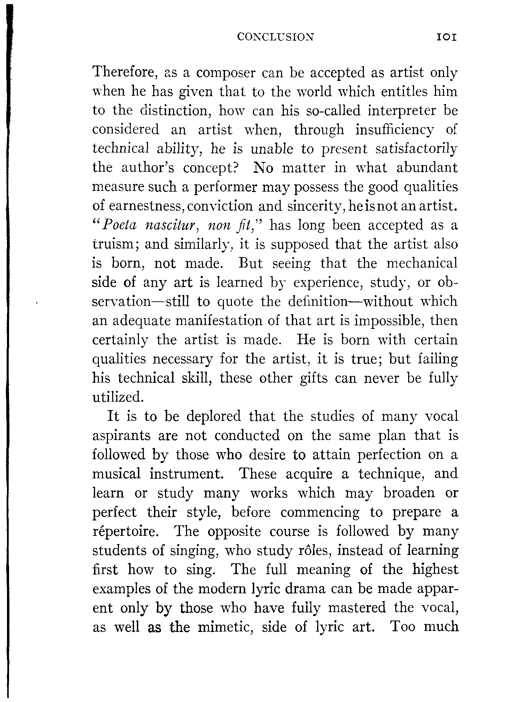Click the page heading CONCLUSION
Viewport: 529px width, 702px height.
[x=275, y=37]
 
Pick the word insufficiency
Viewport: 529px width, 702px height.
[x=395, y=130]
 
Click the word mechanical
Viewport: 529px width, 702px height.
[x=422, y=263]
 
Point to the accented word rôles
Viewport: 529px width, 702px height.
[x=318, y=551]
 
